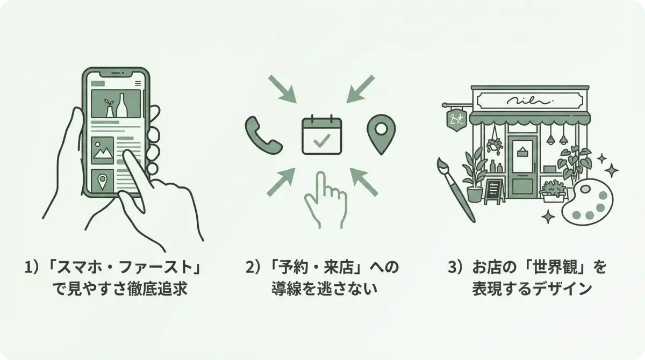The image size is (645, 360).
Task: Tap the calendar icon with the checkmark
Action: [321, 135]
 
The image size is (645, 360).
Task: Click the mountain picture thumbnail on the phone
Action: [102, 150]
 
